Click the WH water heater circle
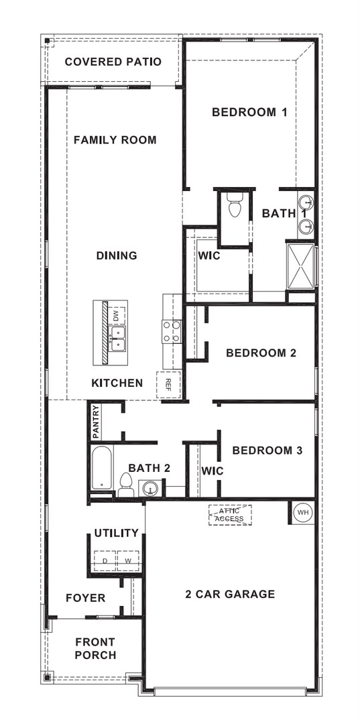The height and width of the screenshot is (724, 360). tap(304, 512)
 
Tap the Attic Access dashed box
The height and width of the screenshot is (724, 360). tap(230, 514)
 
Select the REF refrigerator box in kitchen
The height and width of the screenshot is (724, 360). tap(168, 383)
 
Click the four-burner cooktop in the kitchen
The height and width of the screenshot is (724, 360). tap(172, 332)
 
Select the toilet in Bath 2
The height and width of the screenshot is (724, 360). tap(125, 484)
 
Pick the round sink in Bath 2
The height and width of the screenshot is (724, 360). tap(149, 488)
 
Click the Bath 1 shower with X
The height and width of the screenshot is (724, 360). tap(300, 265)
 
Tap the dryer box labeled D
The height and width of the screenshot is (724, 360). tap(105, 560)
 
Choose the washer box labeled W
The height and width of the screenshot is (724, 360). tap(127, 560)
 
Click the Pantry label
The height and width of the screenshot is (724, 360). tap(96, 421)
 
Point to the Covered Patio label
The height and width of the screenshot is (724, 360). tap(113, 62)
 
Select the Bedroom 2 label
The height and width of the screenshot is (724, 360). tap(261, 353)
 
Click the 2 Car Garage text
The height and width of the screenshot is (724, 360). tap(230, 594)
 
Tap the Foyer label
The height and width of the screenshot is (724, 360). tap(85, 597)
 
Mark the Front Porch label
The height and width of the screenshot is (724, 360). tap(95, 648)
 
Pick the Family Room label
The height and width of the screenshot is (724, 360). tap(115, 140)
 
